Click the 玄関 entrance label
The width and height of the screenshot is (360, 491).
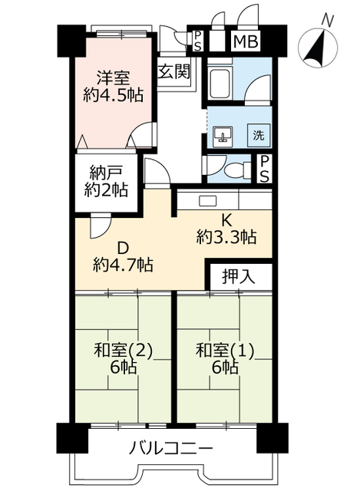click(174, 71)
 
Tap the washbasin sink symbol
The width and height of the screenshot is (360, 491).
click(223, 136)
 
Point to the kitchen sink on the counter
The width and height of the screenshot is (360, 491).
click(208, 201)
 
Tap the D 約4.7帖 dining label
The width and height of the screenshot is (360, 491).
click(123, 256)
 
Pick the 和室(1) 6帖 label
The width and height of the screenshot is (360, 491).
click(226, 358)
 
